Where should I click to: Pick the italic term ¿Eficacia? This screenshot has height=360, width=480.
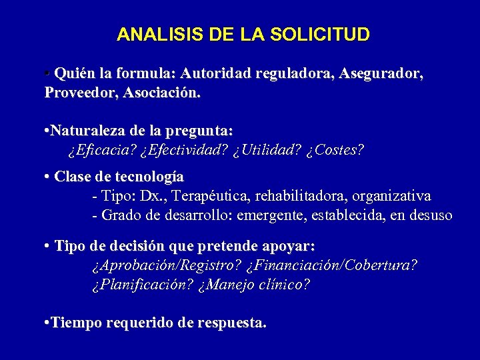[x=101, y=151]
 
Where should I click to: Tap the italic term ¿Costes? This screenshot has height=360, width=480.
[x=335, y=151]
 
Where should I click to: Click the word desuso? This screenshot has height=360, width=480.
[x=430, y=216]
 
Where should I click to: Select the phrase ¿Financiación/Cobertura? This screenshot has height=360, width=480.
[x=332, y=265]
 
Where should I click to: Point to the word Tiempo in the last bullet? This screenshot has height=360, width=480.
[x=73, y=323]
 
